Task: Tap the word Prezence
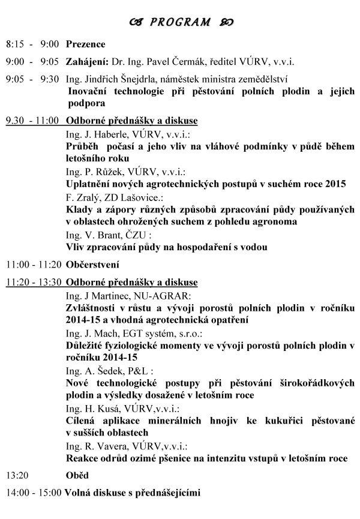pos(85,44)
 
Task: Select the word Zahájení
pos(85,61)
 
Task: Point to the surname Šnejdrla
pos(130,79)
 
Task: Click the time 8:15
pos(15,44)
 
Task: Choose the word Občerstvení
pos(93,263)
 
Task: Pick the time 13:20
pos(16,476)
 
